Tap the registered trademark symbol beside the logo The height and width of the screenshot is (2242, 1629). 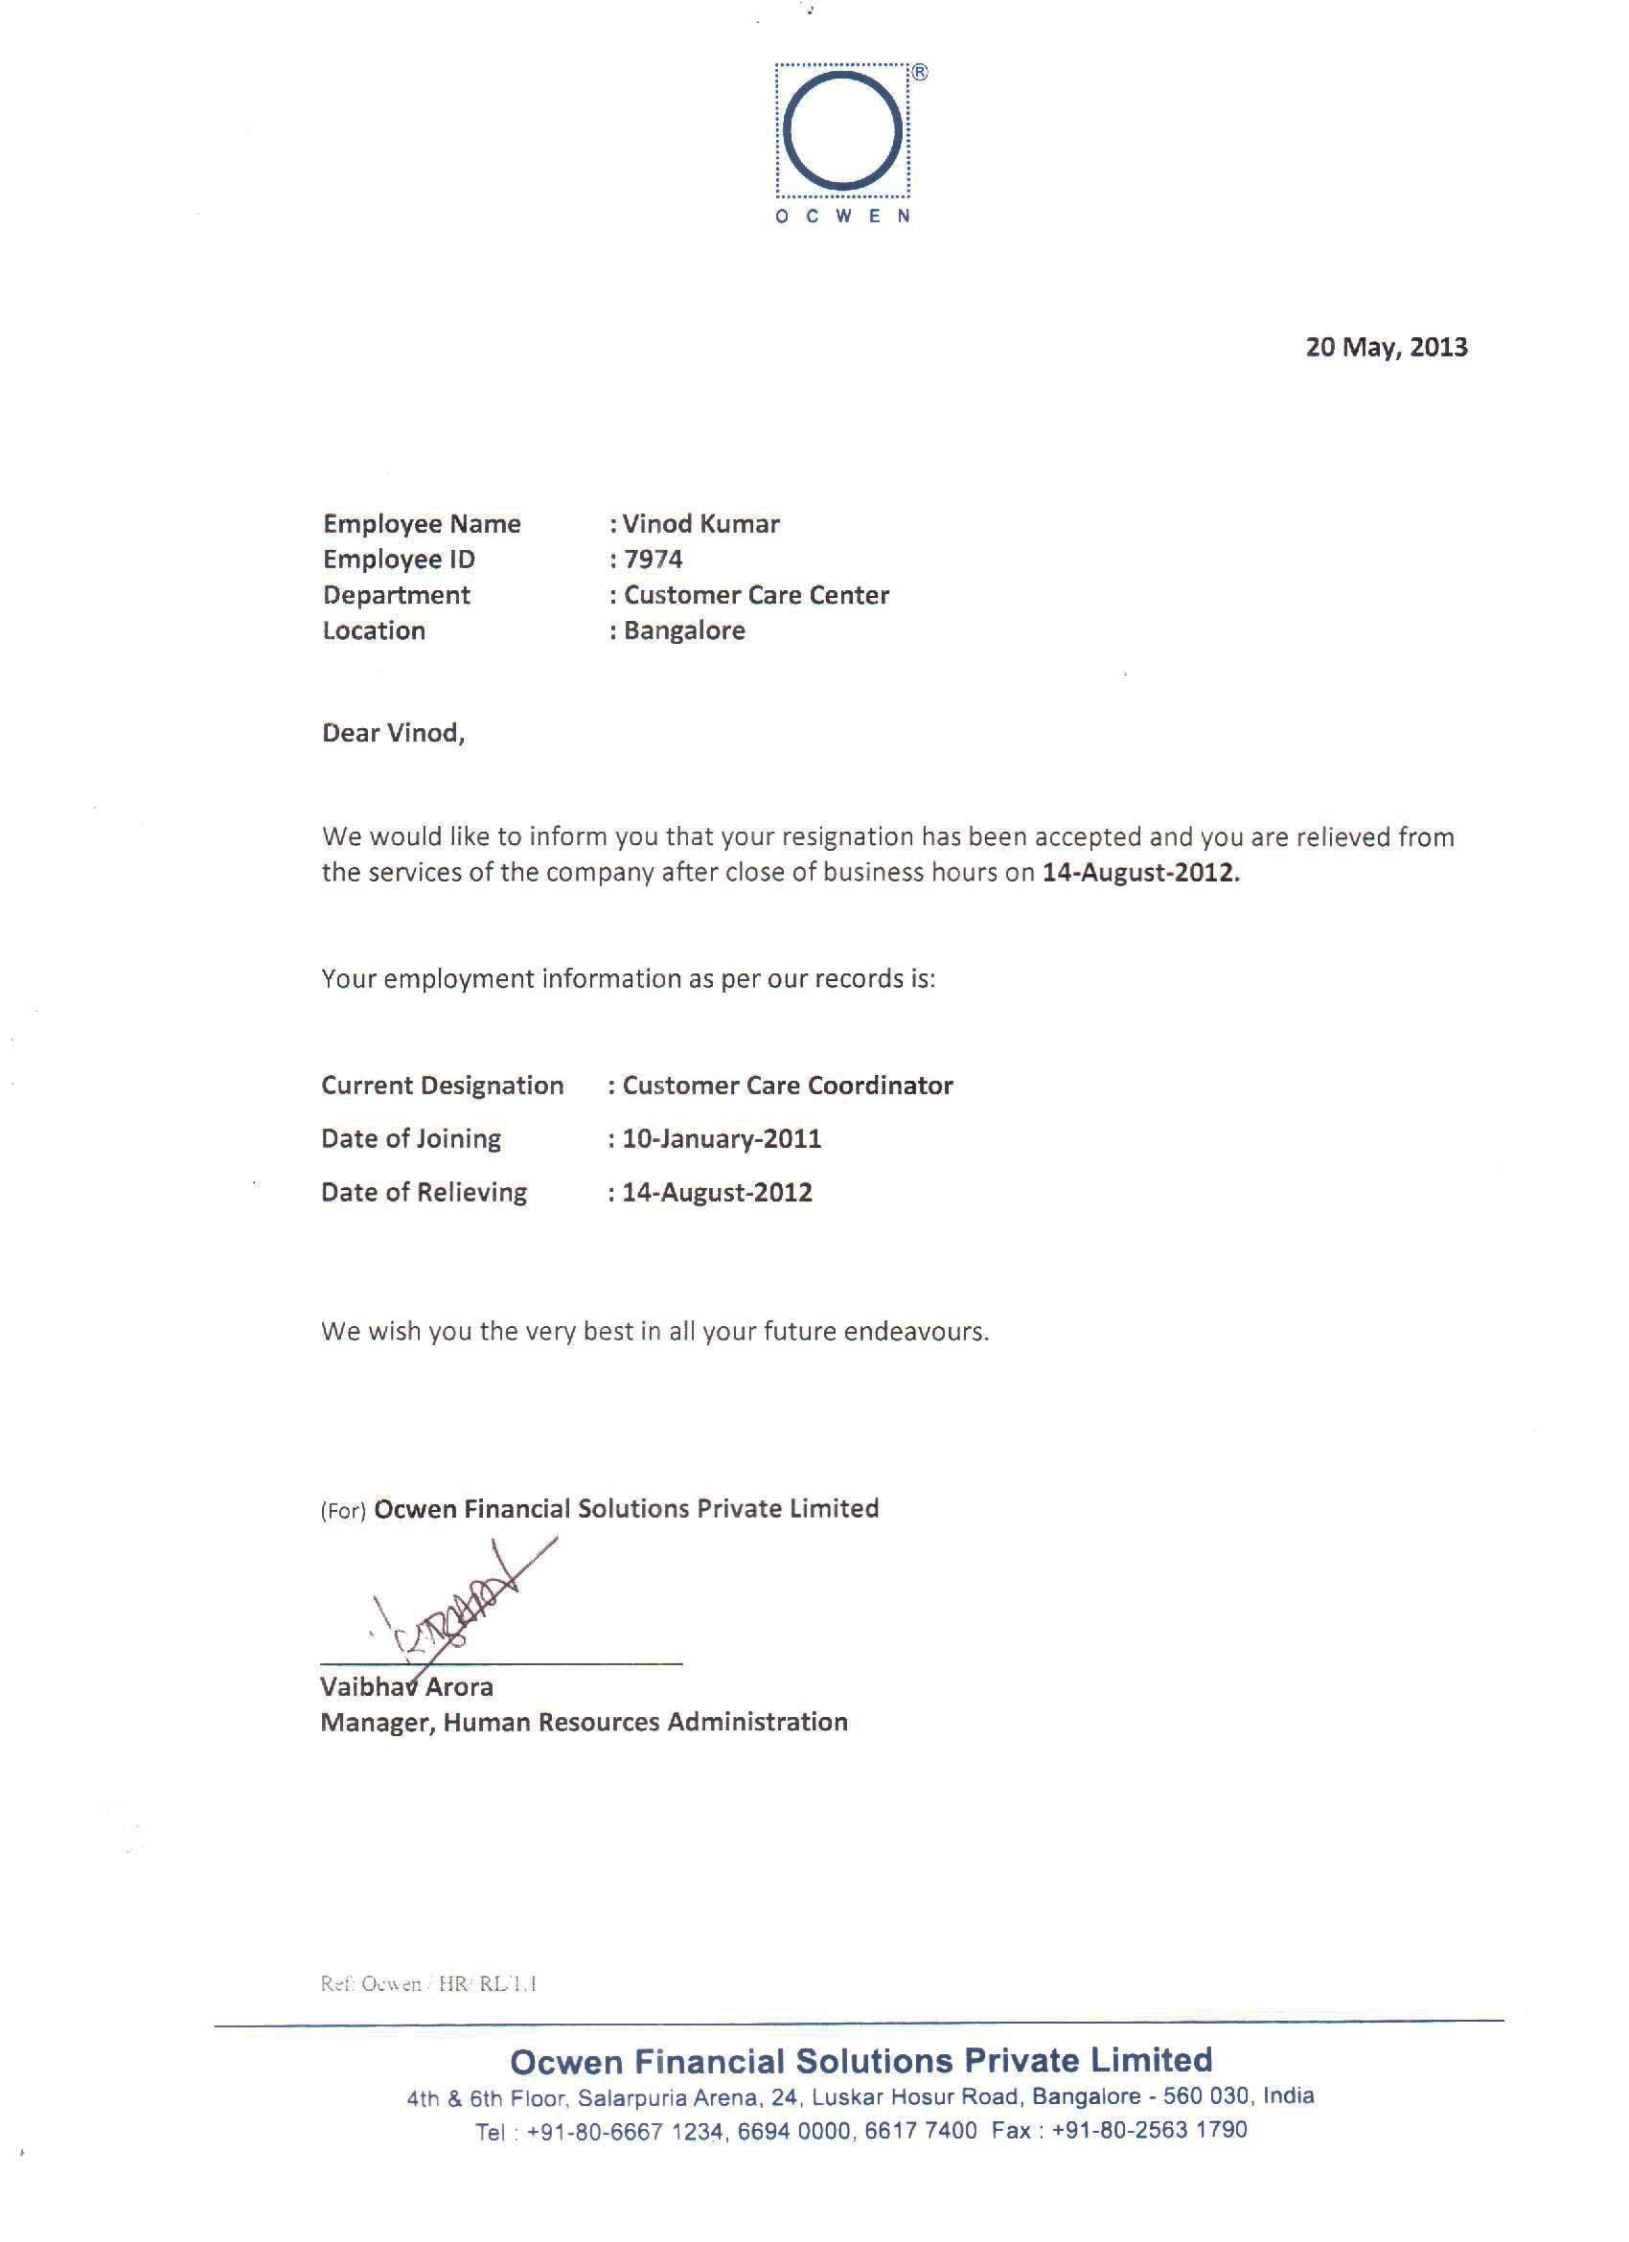pos(918,73)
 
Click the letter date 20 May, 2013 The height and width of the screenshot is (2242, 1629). pos(1386,347)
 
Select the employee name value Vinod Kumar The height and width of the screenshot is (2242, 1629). pos(700,524)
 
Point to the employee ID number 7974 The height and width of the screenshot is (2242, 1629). pos(654,560)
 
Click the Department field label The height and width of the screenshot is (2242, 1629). pos(397,595)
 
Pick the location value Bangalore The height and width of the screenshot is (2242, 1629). pos(684,630)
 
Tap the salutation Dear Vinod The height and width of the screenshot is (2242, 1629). pos(393,733)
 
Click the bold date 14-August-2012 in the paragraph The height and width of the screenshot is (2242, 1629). pos(1139,873)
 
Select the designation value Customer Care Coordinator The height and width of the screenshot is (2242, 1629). pos(787,1086)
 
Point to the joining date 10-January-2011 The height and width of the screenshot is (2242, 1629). pos(722,1139)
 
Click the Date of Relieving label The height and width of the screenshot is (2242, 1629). pos(424,1192)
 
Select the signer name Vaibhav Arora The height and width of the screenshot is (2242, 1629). pos(406,1686)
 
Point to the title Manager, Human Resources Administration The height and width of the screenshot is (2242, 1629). pos(584,1722)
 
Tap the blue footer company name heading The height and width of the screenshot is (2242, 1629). pos(860,2060)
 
